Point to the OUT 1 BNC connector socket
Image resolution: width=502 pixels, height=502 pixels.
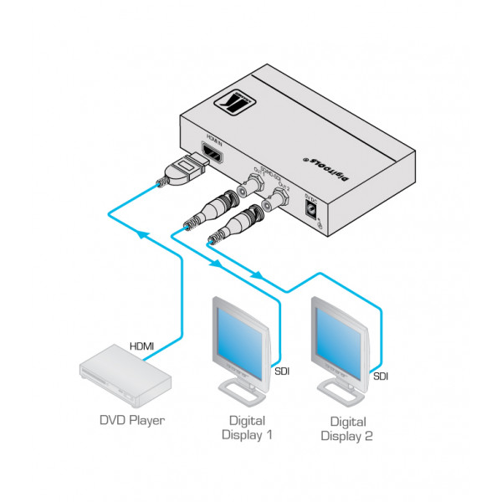(252, 185)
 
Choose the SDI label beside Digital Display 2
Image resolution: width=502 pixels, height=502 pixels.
(381, 376)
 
